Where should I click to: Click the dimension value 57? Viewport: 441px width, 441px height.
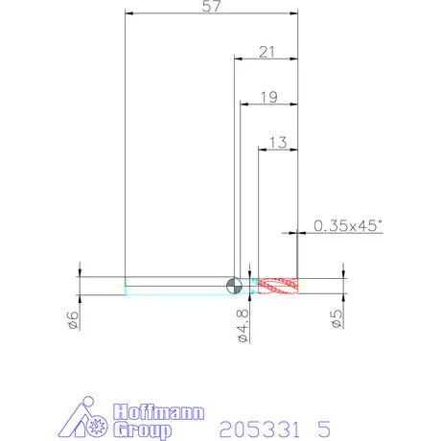coord(211,6)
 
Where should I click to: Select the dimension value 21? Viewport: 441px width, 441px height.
coord(267,52)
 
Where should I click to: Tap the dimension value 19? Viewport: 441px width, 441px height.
coord(269,97)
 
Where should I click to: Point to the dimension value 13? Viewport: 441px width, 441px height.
coord(278,143)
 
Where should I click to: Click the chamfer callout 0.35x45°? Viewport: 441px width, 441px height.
coord(348,225)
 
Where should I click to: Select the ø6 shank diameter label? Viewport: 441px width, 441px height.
coord(73,320)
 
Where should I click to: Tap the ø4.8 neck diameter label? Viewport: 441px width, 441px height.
coord(244,326)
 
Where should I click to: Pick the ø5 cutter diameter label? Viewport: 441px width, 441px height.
coord(337,319)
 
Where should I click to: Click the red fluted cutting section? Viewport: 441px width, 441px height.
coord(278,286)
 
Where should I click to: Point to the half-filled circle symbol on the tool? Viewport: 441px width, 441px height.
coord(234,286)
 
